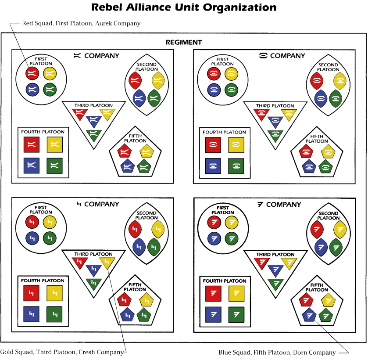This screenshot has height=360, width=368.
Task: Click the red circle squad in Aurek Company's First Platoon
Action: click(x=32, y=72)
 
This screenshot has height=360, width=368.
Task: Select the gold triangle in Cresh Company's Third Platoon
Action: click(x=107, y=263)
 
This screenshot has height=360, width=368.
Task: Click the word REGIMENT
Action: click(x=184, y=43)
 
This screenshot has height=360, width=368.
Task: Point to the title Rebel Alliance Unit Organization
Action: click(x=184, y=7)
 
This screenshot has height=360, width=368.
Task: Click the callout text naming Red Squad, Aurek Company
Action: click(x=81, y=23)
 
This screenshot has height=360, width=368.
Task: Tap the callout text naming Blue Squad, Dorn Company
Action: click(x=277, y=352)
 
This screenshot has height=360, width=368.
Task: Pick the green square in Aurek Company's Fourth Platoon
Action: click(x=54, y=165)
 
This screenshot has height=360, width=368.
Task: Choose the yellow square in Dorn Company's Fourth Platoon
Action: click(x=236, y=293)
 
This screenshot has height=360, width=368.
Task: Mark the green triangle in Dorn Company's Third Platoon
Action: click(x=275, y=284)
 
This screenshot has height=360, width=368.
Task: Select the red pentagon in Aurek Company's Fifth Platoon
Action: click(x=124, y=152)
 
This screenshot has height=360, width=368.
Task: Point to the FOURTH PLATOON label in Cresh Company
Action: click(x=43, y=281)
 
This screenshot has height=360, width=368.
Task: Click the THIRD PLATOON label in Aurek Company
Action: click(x=93, y=105)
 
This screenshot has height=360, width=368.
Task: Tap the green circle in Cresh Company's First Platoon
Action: click(x=50, y=238)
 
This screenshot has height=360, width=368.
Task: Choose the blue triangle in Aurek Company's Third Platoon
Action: click(x=94, y=120)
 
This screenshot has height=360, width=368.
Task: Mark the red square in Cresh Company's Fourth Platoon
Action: click(x=32, y=292)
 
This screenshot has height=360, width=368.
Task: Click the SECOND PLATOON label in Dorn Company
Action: click(x=329, y=216)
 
